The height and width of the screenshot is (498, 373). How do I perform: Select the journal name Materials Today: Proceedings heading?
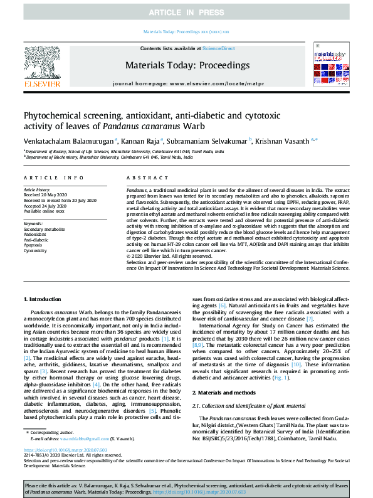pyautogui.click(x=187, y=65)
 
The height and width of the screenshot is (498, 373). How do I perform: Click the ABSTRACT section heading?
pyautogui.click(x=143, y=179)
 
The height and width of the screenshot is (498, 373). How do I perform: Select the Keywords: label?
pyautogui.click(x=33, y=223)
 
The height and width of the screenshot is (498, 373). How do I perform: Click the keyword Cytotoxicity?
pyautogui.click(x=36, y=250)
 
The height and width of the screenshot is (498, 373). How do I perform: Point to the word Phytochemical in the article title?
pyautogui.click(x=50, y=115)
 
